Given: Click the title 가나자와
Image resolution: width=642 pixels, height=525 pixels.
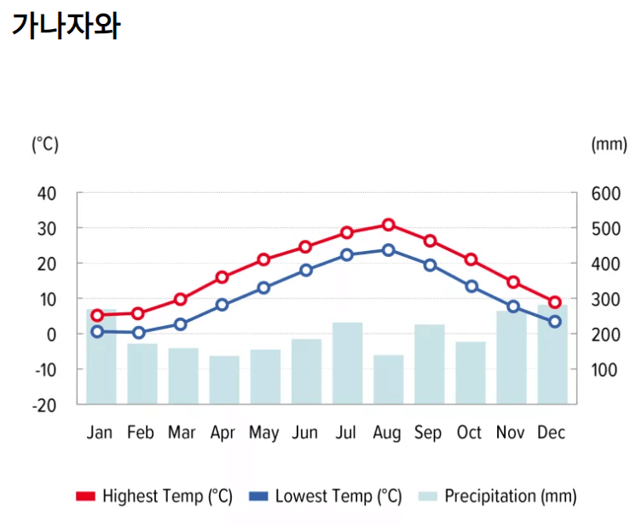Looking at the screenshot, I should pos(67,26).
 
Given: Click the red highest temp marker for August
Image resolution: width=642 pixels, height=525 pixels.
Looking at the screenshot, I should pos(389,225).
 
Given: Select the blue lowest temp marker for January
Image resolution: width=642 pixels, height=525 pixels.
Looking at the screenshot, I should pos(97,331).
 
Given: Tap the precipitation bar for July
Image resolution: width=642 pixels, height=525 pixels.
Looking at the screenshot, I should pos(348,363).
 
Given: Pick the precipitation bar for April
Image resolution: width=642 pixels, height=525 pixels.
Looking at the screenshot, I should pos(224,380).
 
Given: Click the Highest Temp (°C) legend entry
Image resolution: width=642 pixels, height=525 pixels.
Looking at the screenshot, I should pos(154,496).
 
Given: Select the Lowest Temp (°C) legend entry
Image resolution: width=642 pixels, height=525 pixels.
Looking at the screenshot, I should pos(326,496).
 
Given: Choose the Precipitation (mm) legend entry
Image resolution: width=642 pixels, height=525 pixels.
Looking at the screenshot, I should pos(499,496).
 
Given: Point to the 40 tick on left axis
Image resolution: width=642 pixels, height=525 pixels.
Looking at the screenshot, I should pos(48,193).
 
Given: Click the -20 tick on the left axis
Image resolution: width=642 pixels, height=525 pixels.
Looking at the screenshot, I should pos(44,405).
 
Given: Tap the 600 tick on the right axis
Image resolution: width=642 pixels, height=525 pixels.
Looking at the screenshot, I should pos(605,193).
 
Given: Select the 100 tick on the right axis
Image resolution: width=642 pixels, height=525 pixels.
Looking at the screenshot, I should pos(605,370).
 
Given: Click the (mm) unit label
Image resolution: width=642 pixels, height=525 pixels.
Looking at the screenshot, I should pos(608,144).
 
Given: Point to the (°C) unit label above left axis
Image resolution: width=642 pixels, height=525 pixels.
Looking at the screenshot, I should pos(45,144).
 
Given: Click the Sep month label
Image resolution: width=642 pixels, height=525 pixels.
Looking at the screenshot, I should pos(428,433).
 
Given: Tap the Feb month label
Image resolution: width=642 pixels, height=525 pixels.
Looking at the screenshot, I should pos(141,433).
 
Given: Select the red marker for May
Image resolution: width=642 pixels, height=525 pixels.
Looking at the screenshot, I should pos(264,260).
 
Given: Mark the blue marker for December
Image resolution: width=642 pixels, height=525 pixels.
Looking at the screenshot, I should pos(554,322).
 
